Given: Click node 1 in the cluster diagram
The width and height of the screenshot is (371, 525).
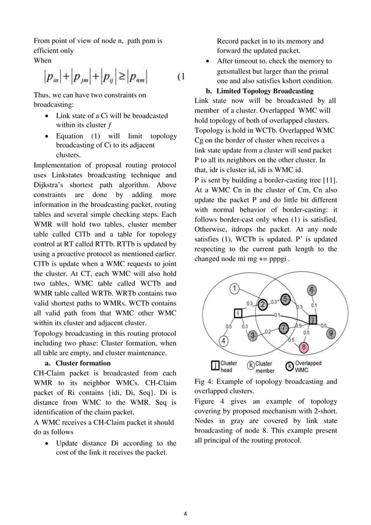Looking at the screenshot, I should [234, 288].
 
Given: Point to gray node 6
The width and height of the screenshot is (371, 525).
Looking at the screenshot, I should [312, 290].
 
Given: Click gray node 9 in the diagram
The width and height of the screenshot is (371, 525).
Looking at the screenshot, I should [331, 333].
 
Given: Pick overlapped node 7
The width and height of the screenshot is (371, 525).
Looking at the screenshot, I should [283, 328].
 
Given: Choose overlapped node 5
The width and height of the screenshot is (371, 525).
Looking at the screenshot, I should [285, 299].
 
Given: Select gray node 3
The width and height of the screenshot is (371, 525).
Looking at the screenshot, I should [252, 335].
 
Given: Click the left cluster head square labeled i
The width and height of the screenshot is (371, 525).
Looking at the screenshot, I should [238, 314].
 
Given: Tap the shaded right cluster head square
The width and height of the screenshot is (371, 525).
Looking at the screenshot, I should [312, 320].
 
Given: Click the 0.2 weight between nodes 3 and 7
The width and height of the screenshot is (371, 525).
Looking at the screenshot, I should [268, 331].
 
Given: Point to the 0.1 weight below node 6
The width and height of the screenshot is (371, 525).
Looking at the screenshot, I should [314, 304].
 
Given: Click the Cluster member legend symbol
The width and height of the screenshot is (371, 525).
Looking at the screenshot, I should [251, 366].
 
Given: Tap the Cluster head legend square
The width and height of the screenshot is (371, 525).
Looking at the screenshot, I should [215, 366].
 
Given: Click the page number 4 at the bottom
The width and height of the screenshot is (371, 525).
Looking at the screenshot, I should [185, 513].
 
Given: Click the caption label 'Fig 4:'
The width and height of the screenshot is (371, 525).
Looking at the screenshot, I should [206, 381].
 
